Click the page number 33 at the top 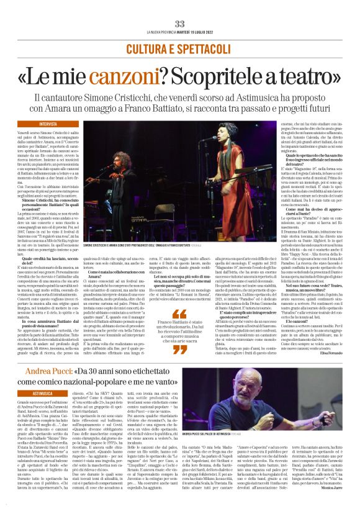(x=180, y=24)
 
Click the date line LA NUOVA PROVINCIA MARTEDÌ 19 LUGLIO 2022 (x=180, y=32)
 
